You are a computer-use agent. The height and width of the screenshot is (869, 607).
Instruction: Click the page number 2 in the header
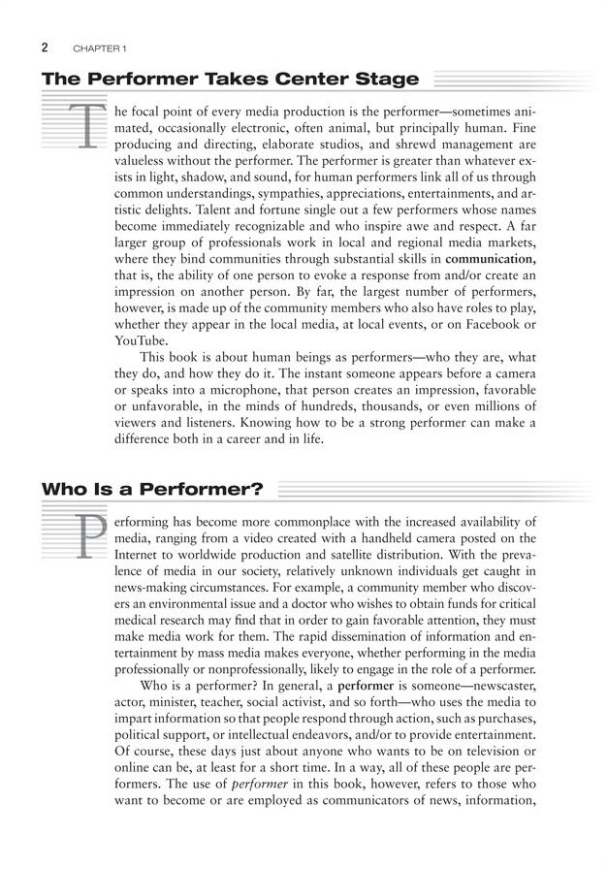pyautogui.click(x=46, y=47)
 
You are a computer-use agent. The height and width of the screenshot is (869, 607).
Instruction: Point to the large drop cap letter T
pyautogui.click(x=86, y=125)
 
